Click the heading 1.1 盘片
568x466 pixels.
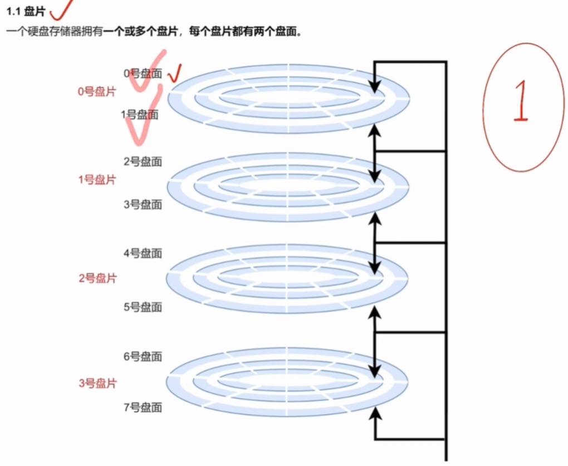point(26,12)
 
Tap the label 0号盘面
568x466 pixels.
point(143,73)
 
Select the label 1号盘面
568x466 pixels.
point(139,115)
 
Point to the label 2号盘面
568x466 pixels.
point(143,162)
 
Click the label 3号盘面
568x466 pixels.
point(143,205)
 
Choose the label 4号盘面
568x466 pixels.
point(143,254)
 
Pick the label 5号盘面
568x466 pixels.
point(143,307)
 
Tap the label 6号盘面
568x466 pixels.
point(143,356)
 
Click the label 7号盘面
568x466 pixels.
point(143,407)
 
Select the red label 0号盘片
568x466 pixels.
point(97,92)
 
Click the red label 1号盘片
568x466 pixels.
point(97,180)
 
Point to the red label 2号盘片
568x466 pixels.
point(97,278)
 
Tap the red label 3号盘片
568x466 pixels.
point(97,384)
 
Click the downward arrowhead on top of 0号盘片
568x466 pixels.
point(375,86)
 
